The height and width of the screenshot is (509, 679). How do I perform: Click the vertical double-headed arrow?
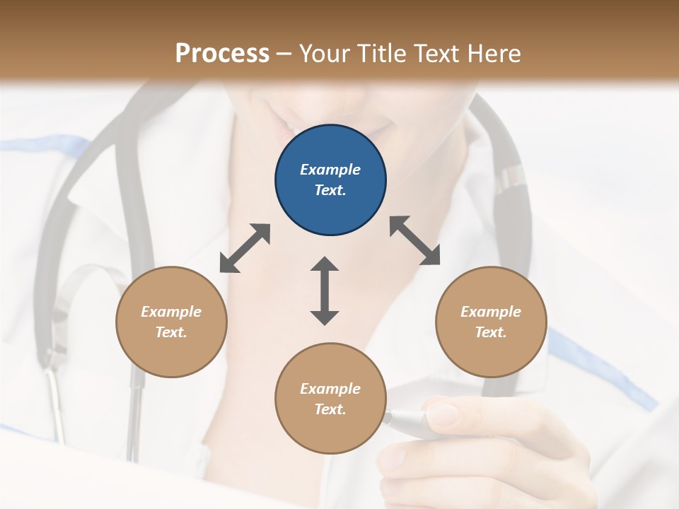click(325, 291)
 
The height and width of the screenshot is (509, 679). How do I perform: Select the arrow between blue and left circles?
click(245, 248)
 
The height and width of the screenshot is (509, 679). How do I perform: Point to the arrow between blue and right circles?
click(415, 240)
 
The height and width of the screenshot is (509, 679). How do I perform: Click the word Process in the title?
click(222, 53)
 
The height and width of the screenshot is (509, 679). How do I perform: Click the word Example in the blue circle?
click(330, 170)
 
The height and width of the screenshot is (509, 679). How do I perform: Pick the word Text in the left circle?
click(171, 332)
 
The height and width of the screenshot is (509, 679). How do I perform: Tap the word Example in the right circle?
click(491, 312)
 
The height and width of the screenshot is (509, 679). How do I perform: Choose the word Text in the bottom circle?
click(330, 409)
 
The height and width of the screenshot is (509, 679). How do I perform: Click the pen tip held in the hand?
click(388, 417)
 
